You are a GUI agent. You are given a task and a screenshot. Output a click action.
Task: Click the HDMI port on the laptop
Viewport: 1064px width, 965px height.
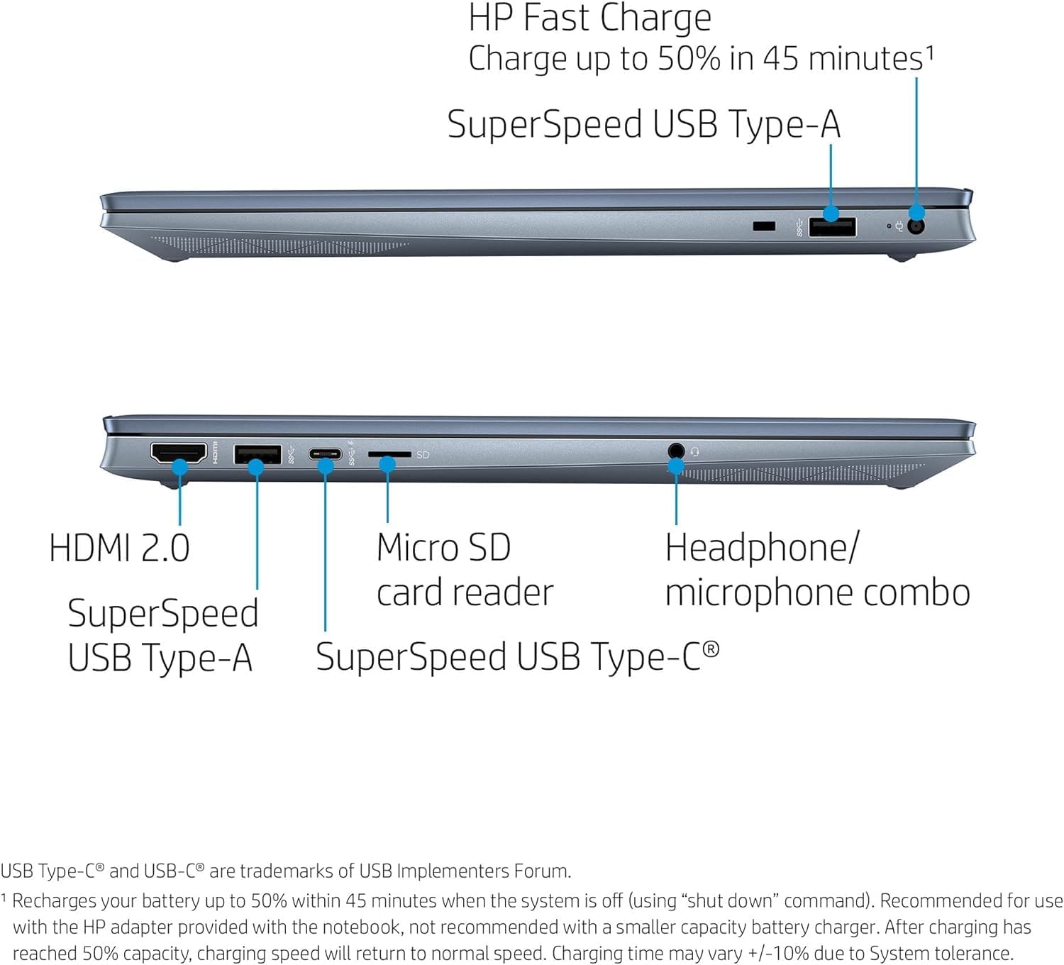click(178, 452)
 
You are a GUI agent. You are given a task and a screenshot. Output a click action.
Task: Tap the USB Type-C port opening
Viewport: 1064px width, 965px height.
click(325, 454)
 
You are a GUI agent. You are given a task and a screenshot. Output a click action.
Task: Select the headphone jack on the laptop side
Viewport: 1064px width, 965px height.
click(676, 451)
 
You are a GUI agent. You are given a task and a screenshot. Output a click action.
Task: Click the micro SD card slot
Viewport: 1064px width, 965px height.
click(389, 454)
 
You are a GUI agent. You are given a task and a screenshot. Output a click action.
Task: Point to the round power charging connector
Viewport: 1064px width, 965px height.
click(916, 226)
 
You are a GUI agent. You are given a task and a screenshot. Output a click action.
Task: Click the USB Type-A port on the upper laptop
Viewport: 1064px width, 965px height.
click(832, 227)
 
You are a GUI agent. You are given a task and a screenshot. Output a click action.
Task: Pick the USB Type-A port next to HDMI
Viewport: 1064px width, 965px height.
click(257, 453)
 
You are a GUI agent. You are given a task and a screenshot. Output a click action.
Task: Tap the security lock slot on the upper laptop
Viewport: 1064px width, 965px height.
click(763, 226)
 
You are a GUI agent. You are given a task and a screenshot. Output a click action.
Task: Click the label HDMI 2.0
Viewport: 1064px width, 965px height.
click(119, 548)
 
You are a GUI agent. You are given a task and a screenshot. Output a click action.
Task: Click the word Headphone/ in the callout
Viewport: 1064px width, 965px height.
click(762, 548)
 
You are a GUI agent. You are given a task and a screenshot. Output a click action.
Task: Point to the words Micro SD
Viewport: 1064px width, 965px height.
click(443, 548)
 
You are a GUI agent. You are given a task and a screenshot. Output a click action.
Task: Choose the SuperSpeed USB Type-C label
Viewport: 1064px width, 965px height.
click(517, 656)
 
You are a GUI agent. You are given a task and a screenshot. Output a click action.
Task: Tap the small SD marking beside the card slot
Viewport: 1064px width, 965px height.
click(423, 455)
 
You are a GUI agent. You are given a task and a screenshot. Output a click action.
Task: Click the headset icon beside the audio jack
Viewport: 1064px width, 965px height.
click(694, 451)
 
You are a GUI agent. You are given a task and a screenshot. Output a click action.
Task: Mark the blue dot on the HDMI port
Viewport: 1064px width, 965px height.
click(180, 466)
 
